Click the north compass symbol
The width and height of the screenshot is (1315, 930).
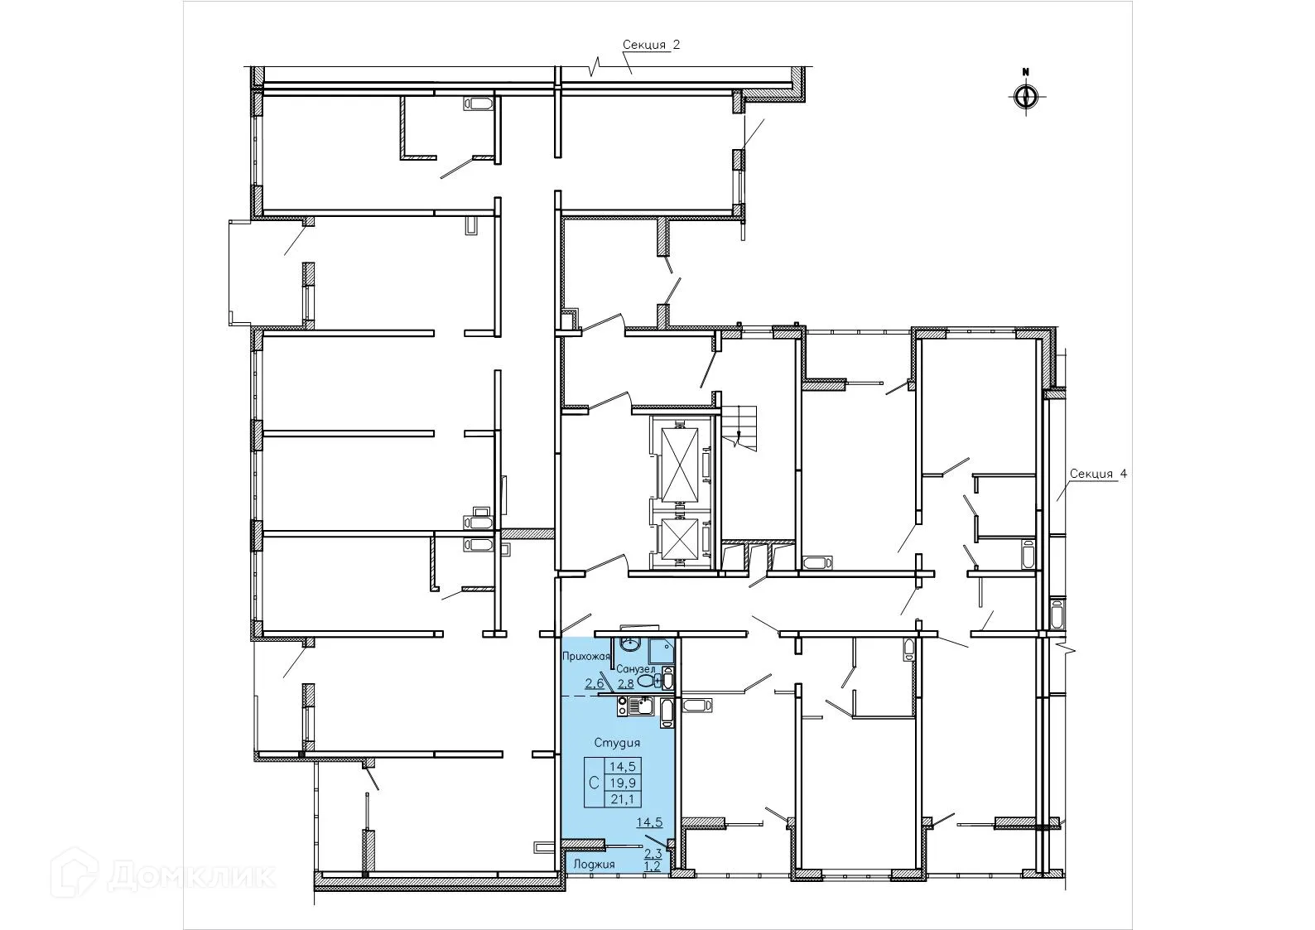click(1025, 97)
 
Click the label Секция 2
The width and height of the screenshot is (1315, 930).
click(651, 46)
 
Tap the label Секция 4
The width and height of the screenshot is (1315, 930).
click(1098, 474)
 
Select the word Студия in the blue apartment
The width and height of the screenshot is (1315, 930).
click(617, 743)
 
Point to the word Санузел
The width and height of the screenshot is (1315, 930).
click(636, 668)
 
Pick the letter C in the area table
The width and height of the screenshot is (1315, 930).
click(594, 783)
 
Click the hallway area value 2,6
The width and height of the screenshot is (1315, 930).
click(594, 683)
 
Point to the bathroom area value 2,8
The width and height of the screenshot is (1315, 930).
click(625, 683)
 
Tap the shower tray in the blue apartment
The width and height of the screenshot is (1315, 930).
click(661, 648)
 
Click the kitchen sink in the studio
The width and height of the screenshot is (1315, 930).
click(641, 706)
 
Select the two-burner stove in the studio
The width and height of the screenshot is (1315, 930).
click(622, 706)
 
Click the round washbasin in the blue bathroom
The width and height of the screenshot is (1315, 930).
click(629, 644)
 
